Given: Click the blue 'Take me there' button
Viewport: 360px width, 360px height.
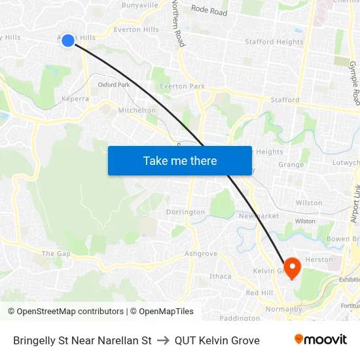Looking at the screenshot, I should click(179, 160).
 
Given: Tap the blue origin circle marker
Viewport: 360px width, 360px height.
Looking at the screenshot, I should click(68, 41).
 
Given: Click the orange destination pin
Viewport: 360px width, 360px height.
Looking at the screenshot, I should click(291, 267).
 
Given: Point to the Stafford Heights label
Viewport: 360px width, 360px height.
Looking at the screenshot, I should click(274, 42).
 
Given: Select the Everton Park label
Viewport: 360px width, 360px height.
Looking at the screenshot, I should click(183, 86).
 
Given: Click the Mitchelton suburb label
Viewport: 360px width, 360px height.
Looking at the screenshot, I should click(137, 111).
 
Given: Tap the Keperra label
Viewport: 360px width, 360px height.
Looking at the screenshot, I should click(75, 99).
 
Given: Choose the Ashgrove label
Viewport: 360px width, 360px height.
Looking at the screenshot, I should click(200, 253).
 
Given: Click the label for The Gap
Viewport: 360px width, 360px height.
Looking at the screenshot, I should click(56, 253).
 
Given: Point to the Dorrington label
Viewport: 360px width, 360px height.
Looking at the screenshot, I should click(185, 212).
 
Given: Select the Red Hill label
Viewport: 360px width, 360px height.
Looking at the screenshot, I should click(259, 293).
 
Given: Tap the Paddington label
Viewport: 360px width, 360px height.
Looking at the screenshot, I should click(239, 318).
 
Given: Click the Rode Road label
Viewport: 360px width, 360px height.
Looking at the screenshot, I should click(209, 10).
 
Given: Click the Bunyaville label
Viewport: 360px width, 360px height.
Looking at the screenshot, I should click(140, 5).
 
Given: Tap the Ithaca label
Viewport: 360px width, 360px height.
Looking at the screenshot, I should click(220, 276).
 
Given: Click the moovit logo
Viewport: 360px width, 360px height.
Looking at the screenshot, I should click(320, 340).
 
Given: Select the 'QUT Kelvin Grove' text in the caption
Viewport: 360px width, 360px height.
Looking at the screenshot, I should click(217, 340).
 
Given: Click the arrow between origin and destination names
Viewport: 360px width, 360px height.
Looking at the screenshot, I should click(163, 340).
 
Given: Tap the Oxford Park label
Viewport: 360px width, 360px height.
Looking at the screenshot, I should click(114, 85).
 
